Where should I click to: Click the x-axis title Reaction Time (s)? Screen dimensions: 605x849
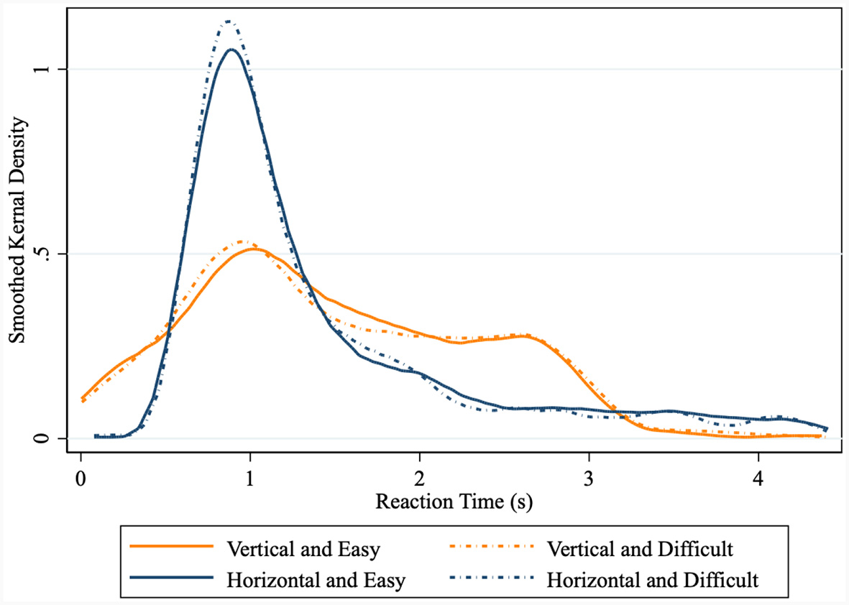(x=454, y=502)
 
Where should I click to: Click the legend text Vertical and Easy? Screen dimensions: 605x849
(x=303, y=550)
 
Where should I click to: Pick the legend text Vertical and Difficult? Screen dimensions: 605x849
(x=640, y=550)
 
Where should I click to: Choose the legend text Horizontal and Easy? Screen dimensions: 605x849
(x=316, y=579)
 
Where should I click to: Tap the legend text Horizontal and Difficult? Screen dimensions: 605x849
(x=653, y=579)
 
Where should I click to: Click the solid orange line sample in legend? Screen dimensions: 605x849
(x=172, y=548)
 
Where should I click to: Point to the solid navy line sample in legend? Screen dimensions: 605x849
(x=172, y=577)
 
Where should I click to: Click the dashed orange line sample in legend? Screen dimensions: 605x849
(x=493, y=548)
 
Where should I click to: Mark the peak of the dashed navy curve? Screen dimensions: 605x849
(x=228, y=22)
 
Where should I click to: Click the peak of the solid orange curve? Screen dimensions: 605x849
(x=251, y=249)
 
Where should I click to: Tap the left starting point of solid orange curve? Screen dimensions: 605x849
(x=83, y=397)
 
